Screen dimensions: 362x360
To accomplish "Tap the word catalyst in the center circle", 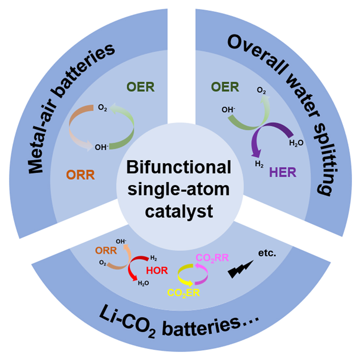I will (179, 211).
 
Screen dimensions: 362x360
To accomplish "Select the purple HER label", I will (283, 172).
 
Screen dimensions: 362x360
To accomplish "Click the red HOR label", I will (157, 270).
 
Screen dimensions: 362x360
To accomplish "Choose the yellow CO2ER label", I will (183, 293).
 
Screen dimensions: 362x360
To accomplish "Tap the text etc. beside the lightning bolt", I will (267, 253).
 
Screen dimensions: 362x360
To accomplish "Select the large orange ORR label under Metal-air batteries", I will (81, 175).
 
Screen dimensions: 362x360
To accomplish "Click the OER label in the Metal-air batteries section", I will (140, 87).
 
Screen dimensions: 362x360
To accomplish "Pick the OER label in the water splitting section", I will (225, 87).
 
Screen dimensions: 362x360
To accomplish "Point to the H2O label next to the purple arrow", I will (296, 144).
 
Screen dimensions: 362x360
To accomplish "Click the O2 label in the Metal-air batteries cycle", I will (103, 108).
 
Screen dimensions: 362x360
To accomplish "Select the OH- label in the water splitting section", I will (228, 109).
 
